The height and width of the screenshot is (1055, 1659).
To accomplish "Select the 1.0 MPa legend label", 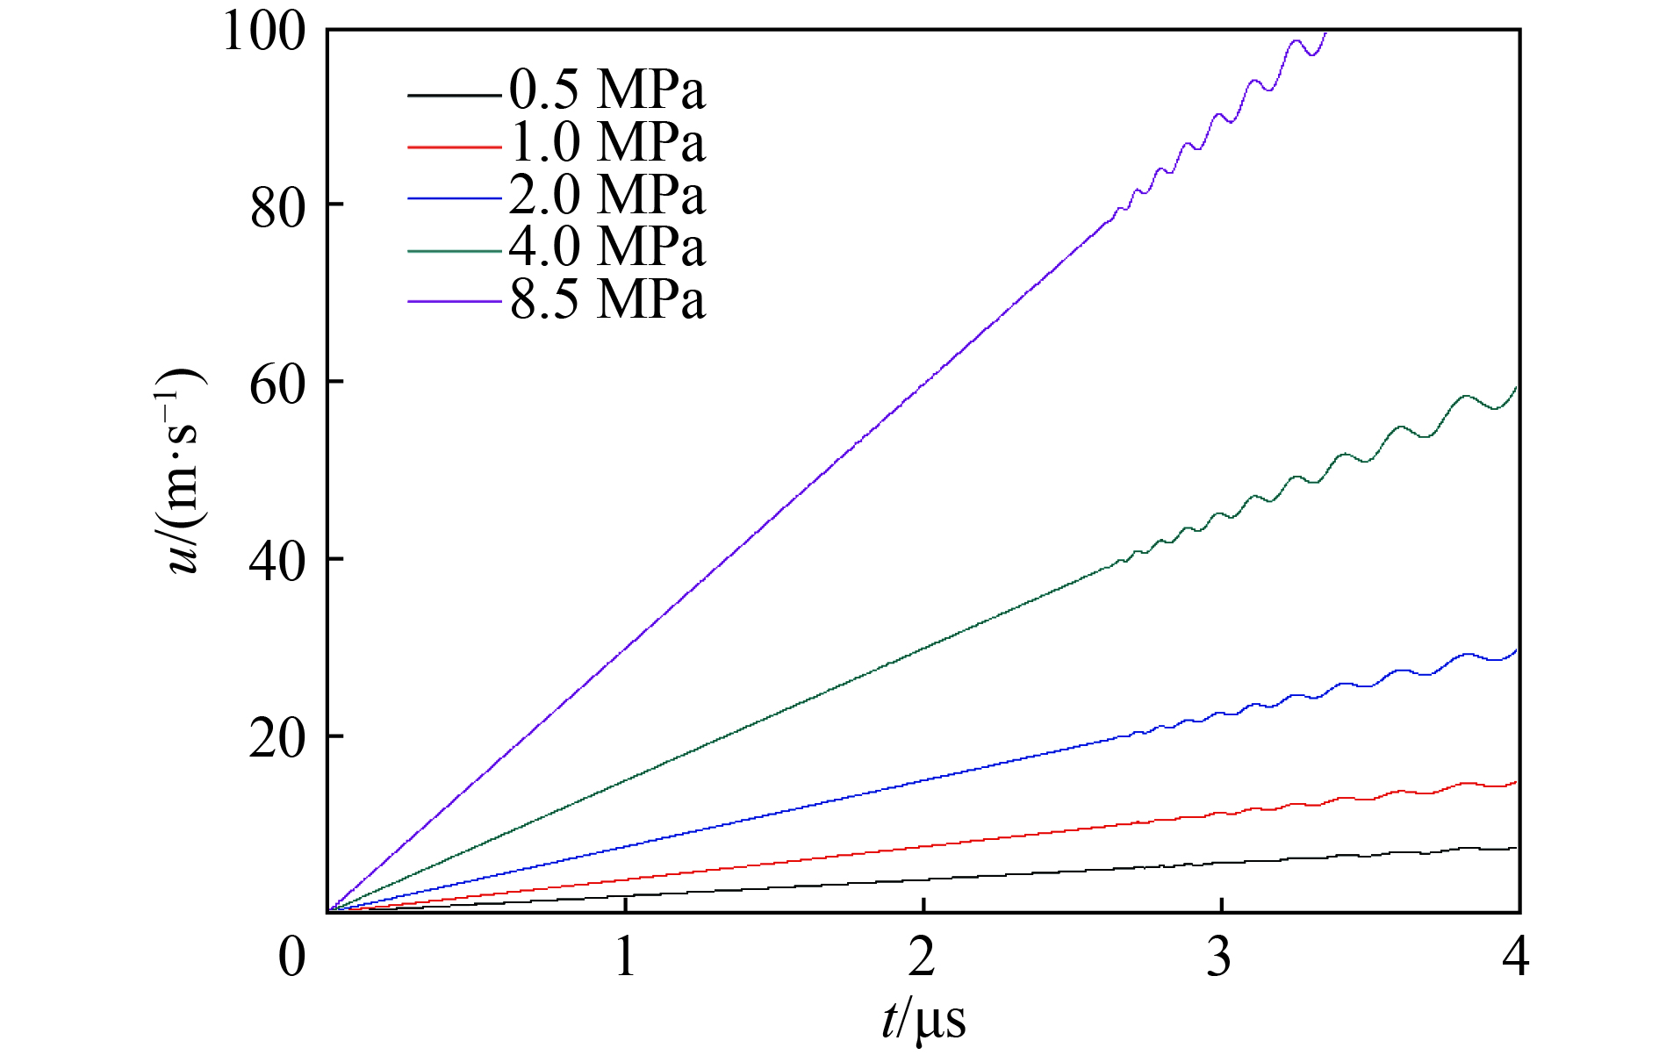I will tap(607, 142).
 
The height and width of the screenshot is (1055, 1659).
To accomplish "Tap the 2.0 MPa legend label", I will tap(607, 195).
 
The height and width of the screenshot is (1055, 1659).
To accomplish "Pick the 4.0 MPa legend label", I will tap(607, 247).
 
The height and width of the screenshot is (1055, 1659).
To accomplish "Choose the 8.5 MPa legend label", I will tap(607, 299).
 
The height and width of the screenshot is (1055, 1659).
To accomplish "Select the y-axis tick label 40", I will tap(277, 562).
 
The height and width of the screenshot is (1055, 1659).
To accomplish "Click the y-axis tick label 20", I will tap(277, 739).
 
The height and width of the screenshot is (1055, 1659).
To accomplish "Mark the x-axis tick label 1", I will tap(625, 957).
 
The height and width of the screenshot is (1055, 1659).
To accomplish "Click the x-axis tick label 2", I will tap(922, 957).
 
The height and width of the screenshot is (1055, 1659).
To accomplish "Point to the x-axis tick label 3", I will tap(1219, 957).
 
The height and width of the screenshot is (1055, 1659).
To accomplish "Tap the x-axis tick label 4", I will tap(1516, 957).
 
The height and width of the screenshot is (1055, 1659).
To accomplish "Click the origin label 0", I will tap(292, 957).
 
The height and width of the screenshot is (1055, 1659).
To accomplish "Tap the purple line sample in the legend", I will tap(454, 303).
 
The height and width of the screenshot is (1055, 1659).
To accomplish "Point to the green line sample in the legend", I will tap(454, 251).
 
